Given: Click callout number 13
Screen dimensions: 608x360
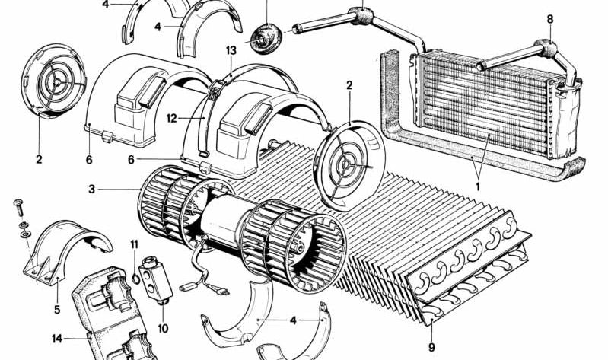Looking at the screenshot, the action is coord(231,50).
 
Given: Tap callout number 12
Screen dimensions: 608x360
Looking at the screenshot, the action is coord(172,118).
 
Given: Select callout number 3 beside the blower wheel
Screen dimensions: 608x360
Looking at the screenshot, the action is coord(91,190).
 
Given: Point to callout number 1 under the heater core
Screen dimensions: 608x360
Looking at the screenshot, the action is coord(478,186).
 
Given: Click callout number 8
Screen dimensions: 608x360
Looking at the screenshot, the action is coord(550,19).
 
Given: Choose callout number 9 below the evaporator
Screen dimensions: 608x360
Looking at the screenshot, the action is coord(431,347).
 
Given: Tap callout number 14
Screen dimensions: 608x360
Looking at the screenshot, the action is coord(57,339).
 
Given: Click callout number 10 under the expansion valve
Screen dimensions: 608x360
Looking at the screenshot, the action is coord(164,329).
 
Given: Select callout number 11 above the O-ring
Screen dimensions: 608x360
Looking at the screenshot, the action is coord(134,244).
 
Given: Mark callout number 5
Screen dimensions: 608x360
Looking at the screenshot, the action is coord(57,310).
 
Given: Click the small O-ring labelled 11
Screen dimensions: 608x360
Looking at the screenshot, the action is coord(135,278).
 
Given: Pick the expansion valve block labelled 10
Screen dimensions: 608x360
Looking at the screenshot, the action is coord(155,278).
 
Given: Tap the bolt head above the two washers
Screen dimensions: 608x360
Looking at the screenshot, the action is coord(18,203).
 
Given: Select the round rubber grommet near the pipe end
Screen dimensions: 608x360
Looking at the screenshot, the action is coord(267,37).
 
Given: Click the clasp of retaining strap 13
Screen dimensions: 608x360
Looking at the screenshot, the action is coord(215,90).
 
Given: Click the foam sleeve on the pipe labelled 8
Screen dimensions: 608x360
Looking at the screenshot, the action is coord(547,47).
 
